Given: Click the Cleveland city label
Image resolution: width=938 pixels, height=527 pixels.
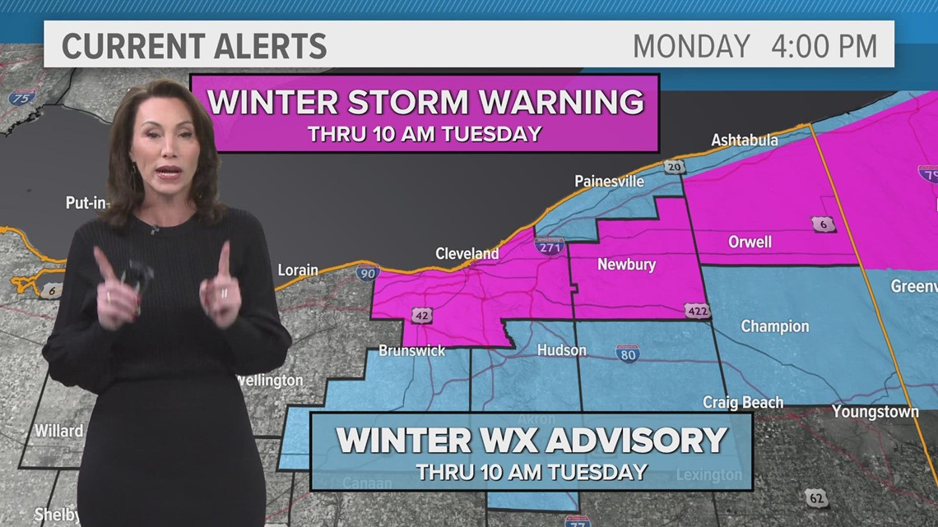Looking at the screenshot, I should tap(467, 253).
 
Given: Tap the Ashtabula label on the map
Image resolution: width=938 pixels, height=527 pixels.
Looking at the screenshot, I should tap(745, 140).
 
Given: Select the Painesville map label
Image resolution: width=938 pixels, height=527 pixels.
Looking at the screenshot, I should tap(609, 181).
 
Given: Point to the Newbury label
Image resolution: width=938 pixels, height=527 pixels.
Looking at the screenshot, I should tap(627, 265).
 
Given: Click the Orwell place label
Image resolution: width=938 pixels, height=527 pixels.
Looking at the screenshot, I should tap(750, 242).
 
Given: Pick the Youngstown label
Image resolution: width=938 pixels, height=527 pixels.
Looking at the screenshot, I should tap(875, 411).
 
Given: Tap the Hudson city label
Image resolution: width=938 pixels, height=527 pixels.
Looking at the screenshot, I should tap(562, 350).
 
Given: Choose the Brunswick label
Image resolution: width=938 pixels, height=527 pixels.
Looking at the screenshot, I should tap(412, 350).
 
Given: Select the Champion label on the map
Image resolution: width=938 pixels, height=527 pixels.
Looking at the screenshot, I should tap(775, 326).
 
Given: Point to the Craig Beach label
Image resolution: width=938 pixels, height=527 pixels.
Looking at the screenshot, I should tap(743, 402).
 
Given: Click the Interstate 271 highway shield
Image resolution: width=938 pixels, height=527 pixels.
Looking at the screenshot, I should tap(549, 245).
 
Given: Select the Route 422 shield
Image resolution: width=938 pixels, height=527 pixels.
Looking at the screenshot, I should tap(696, 310).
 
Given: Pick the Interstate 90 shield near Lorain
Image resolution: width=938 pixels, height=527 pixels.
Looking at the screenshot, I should tap(367, 273).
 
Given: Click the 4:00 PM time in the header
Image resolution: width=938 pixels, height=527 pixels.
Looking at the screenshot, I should tap(824, 46).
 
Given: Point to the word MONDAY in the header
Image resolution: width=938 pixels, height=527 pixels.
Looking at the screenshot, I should tap(691, 46).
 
